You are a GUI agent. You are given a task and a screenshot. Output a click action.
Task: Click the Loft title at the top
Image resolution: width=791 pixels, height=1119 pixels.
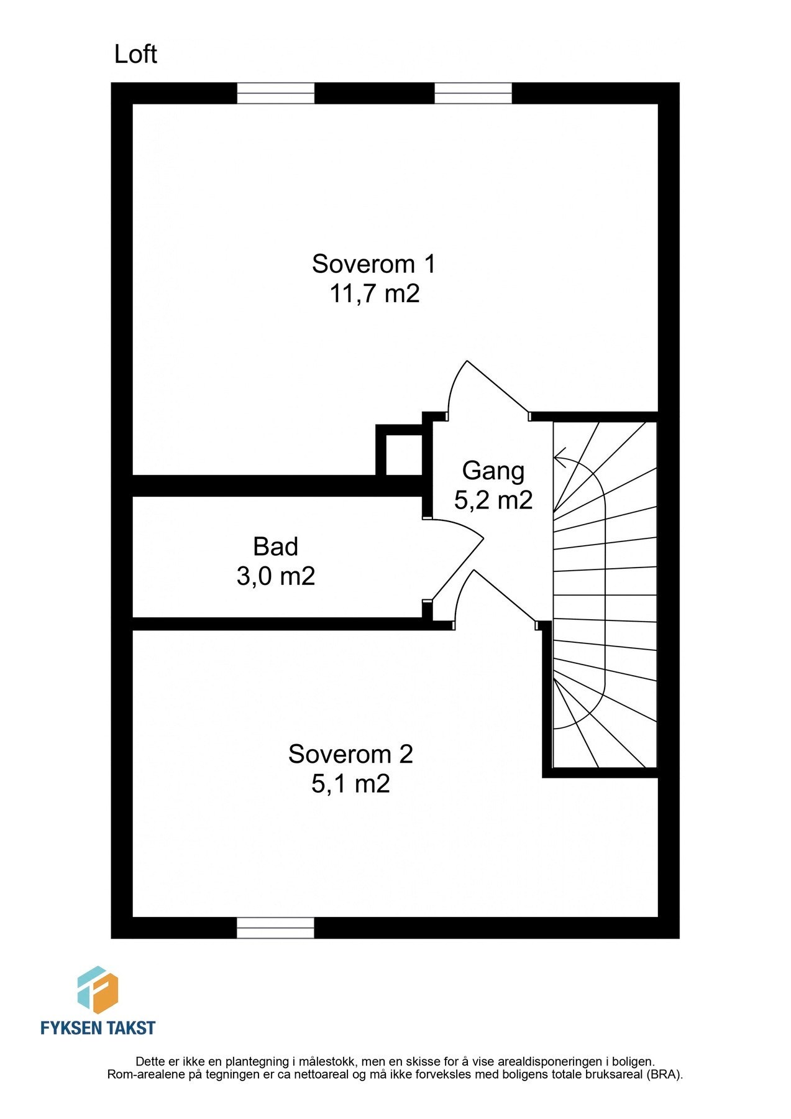[x=135, y=55]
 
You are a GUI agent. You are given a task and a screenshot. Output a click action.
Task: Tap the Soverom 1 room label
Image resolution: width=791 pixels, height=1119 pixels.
[x=373, y=264]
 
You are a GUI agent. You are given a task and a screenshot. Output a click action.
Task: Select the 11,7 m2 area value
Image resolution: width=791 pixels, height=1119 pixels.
[x=374, y=293]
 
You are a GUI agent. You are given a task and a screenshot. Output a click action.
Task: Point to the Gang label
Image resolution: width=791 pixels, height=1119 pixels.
[x=493, y=471]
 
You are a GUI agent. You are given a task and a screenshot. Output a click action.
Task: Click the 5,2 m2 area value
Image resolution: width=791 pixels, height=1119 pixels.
[x=493, y=500]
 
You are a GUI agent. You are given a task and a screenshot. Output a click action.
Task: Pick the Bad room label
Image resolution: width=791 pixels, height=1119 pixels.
[x=275, y=546]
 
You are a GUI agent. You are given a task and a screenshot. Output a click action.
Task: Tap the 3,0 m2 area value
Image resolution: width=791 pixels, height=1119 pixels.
[x=276, y=576]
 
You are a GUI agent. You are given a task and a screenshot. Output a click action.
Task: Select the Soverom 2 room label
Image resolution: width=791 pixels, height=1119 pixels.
[x=350, y=754]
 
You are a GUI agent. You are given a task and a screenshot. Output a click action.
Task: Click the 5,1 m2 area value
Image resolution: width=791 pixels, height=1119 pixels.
[x=350, y=784]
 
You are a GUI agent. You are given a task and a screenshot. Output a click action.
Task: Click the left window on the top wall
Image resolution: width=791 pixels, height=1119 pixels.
[x=276, y=93]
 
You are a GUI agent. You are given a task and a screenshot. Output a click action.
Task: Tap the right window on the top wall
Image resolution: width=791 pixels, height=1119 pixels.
[x=473, y=93]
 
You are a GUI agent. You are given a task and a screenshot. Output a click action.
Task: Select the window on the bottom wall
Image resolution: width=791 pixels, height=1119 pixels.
[x=276, y=928]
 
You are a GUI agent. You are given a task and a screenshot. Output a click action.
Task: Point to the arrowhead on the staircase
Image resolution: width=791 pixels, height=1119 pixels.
[x=559, y=458]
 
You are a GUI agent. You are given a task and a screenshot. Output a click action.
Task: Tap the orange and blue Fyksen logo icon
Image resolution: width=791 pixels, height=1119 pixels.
[x=98, y=990]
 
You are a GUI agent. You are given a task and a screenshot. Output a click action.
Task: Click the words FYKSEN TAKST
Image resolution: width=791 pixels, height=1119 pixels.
[x=98, y=1028]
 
